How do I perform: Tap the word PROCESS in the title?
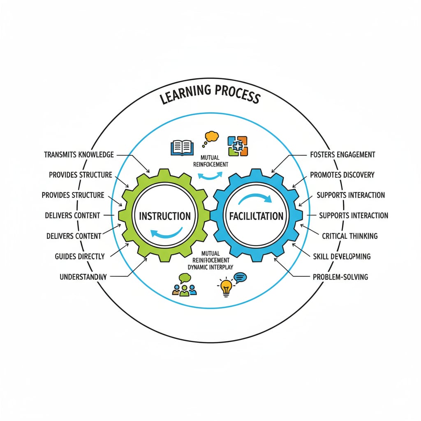coord(236,94)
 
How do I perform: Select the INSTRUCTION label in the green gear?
coord(164,216)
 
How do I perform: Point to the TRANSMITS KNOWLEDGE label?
coord(79,155)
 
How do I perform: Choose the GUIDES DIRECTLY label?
coord(80,256)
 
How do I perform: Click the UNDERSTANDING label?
coord(83,277)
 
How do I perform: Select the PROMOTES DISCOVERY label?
coord(342,175)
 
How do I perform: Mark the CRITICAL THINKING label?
coord(349,236)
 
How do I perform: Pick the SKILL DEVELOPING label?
coord(342,256)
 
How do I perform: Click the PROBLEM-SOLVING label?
coord(340,277)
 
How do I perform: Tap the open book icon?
coord(182,147)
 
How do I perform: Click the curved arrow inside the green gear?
coord(167,234)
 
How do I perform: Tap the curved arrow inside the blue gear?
coord(255,198)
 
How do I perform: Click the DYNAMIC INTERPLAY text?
coord(210,267)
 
